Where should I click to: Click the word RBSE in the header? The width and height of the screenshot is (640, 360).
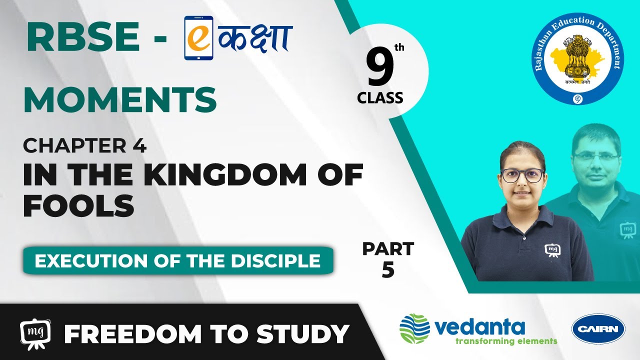tap(83, 37)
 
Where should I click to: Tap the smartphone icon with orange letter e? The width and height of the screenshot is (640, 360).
tap(198, 37)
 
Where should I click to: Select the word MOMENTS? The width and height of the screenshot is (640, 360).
tap(120, 99)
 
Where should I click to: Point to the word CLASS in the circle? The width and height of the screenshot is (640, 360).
tap(380, 97)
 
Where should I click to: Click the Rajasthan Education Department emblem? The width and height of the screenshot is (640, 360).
tap(578, 59)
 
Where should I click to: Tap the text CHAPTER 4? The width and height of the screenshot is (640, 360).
tap(85, 145)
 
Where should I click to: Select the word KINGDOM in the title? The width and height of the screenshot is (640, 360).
tap(222, 174)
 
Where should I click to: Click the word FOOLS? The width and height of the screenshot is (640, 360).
tap(78, 205)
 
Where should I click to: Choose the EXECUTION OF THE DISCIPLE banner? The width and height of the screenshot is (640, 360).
tap(178, 261)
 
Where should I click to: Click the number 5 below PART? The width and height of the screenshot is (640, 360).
tap(388, 270)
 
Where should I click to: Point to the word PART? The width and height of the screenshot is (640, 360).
tap(388, 249)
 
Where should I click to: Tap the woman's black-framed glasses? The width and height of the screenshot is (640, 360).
tap(522, 175)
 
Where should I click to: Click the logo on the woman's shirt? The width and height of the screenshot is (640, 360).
tap(552, 250)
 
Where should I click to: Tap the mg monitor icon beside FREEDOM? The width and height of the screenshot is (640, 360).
tap(35, 333)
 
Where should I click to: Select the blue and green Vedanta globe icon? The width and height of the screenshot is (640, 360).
tap(414, 328)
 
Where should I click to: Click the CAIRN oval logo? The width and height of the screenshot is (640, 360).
tap(598, 329)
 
